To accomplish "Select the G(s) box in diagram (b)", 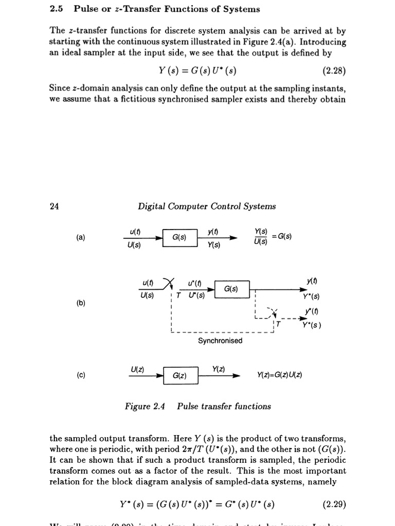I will [231, 289].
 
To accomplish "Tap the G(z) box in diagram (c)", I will [179, 375].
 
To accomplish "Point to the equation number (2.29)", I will [334, 504].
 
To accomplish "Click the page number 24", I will [54, 206].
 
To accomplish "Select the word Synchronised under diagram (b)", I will [220, 341].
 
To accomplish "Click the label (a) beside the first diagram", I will [81, 237].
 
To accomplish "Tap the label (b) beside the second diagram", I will [81, 303].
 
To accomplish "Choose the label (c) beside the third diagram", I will [81, 375].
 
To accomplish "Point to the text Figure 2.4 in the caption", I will [145, 406].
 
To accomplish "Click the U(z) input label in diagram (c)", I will [137, 369].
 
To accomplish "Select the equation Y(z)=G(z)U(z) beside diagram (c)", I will [279, 375].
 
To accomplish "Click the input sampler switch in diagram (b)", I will [168, 283].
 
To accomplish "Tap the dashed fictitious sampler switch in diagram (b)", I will [273, 311].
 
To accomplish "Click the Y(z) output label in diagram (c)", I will [218, 369].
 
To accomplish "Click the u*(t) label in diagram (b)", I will [194, 284].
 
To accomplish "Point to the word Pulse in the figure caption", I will [189, 406].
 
